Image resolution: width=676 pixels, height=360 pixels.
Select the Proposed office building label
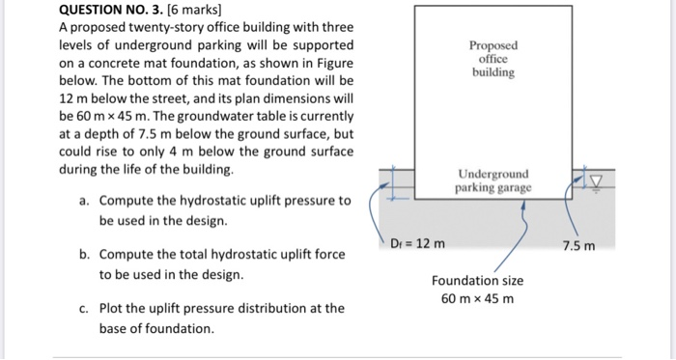(x=493, y=59)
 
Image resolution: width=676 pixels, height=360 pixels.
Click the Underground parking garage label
(x=493, y=181)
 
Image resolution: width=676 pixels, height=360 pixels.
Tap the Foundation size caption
(x=478, y=280)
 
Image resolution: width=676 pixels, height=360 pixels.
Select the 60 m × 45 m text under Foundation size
(x=478, y=298)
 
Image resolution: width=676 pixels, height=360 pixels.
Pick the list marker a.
(x=85, y=201)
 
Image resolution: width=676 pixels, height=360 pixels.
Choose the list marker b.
(x=85, y=255)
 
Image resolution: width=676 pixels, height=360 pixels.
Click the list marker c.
(x=85, y=309)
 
